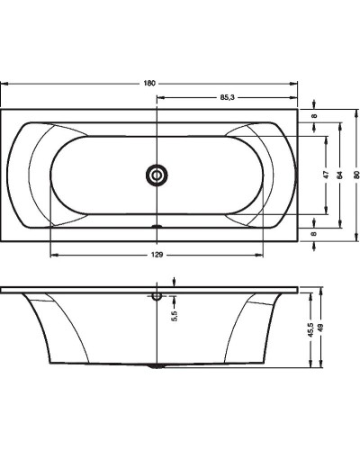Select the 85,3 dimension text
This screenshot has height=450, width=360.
click(228, 97)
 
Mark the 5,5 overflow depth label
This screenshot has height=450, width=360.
click(175, 315)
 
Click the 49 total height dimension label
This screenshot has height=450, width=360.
click(323, 329)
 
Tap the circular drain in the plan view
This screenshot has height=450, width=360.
click(158, 175)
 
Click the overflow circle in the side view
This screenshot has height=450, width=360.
click(158, 294)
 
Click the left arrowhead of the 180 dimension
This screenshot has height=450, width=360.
click(4, 83)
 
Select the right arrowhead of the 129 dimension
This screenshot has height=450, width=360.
click(265, 256)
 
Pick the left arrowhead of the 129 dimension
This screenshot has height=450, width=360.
click(52, 256)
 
